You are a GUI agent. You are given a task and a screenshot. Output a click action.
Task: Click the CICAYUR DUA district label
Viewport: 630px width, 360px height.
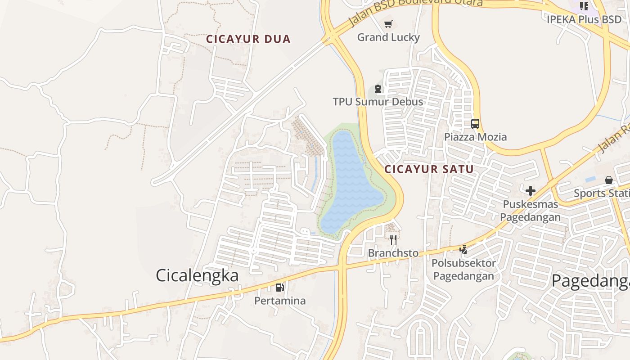click(x=248, y=39)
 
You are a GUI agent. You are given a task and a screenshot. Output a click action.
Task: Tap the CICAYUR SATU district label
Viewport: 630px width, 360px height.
click(x=429, y=169)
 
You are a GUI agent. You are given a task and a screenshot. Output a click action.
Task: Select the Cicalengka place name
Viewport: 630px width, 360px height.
click(x=197, y=275)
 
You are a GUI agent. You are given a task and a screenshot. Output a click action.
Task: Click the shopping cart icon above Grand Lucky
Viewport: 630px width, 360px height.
click(x=388, y=24)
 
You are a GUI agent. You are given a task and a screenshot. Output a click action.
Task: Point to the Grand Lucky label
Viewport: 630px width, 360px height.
click(x=388, y=37)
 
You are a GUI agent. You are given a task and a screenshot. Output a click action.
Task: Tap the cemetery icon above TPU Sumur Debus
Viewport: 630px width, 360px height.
click(x=378, y=89)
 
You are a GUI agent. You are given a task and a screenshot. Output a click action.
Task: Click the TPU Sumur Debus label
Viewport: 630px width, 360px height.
click(x=378, y=102)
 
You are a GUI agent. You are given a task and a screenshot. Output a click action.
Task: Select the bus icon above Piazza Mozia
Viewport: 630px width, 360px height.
click(x=475, y=124)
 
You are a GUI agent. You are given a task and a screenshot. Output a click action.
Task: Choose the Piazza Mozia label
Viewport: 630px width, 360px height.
click(x=476, y=137)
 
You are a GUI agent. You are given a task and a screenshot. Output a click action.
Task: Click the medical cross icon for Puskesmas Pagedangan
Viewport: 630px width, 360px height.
click(x=531, y=191)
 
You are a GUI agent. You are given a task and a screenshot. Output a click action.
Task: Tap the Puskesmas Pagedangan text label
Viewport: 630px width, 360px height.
click(x=531, y=211)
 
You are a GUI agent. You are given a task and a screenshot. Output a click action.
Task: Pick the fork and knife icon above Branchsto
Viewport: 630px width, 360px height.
click(x=393, y=239)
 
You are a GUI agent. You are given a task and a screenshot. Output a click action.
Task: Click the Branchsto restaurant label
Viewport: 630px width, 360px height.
click(x=393, y=253)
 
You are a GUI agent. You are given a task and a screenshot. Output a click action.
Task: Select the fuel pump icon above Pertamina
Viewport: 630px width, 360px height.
click(x=280, y=287)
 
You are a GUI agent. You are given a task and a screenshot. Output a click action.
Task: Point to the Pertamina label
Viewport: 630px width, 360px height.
click(x=280, y=301)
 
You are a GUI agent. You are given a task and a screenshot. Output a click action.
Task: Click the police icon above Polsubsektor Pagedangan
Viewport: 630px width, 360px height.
click(x=463, y=249)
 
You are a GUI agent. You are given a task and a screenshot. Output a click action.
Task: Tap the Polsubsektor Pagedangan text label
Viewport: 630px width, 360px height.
click(x=463, y=269)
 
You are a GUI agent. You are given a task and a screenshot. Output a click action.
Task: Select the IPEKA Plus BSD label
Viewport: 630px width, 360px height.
click(x=584, y=19)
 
